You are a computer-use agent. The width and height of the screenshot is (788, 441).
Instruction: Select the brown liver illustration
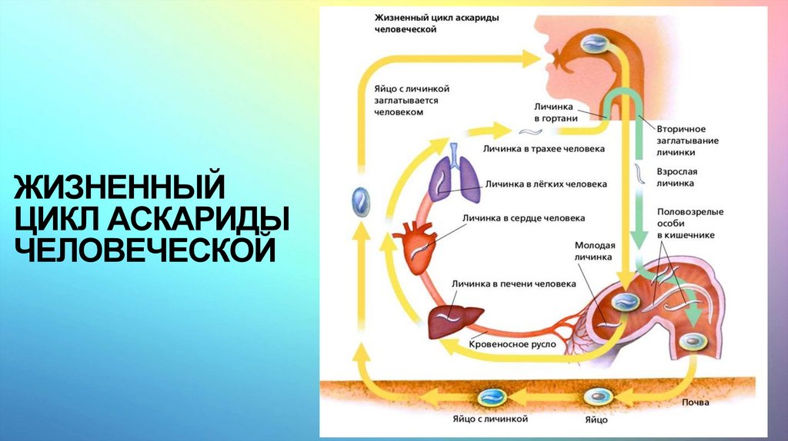coord(454,320)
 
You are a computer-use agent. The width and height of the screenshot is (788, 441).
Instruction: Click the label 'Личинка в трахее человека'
coord(543,148)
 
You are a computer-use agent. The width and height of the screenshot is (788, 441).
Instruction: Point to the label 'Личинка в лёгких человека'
coord(546,184)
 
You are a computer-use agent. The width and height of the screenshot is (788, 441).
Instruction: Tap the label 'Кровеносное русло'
coord(512,346)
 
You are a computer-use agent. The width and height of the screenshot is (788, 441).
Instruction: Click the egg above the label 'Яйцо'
coord(597,397)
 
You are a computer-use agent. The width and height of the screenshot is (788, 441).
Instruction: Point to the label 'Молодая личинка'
coord(593,251)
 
